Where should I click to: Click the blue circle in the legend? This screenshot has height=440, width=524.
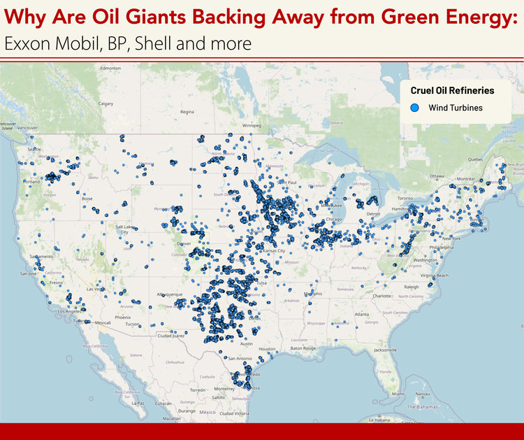(414, 108)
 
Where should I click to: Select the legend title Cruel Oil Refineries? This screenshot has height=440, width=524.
(452, 90)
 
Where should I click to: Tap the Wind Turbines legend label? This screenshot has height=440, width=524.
(456, 108)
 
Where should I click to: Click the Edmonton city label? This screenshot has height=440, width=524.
(110, 69)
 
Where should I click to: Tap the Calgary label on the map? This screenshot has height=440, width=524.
(105, 104)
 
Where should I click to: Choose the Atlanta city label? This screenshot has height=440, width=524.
(362, 315)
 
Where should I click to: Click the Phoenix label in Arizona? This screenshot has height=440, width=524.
(123, 317)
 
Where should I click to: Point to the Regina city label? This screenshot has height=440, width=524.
(187, 111)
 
